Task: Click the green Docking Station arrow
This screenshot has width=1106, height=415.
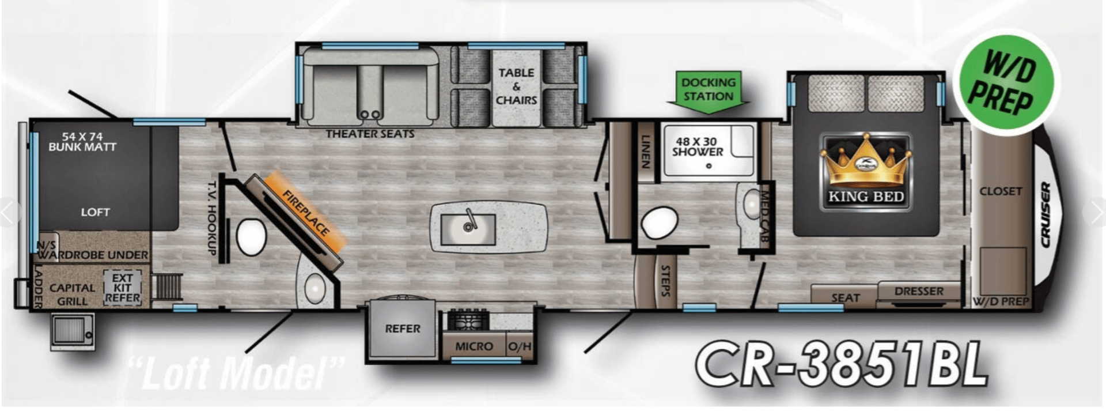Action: (708, 90)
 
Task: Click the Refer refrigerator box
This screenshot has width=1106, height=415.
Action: (402, 329)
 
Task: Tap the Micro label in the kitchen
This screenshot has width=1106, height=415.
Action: (474, 346)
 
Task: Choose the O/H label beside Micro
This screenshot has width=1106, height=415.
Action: (520, 347)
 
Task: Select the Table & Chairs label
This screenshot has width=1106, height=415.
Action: (516, 86)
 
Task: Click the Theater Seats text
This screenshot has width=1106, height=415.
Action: (370, 134)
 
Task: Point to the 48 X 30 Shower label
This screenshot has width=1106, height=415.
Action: (696, 146)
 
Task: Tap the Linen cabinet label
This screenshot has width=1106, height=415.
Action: (646, 152)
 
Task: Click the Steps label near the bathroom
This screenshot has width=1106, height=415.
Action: (665, 281)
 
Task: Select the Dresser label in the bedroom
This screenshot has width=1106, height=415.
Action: (918, 292)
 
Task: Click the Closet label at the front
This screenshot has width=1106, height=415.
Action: (1001, 191)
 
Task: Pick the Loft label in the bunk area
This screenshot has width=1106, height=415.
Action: (95, 212)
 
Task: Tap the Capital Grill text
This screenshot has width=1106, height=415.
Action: (72, 294)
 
